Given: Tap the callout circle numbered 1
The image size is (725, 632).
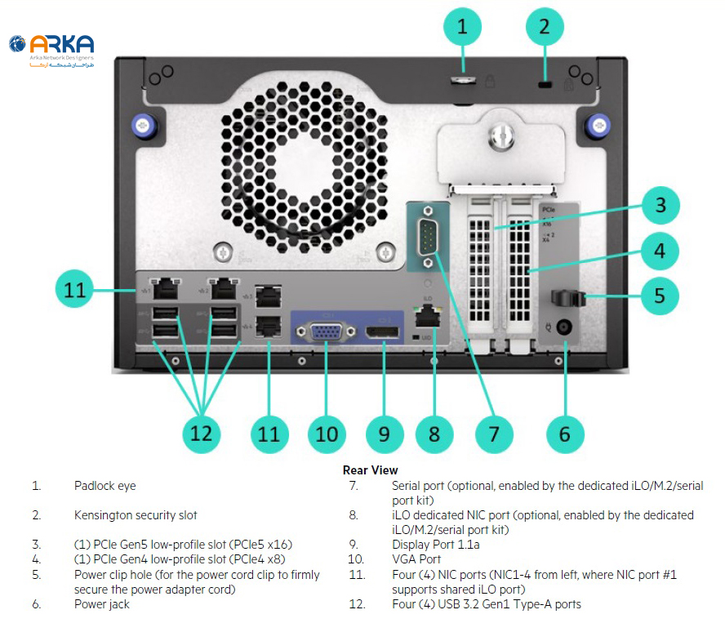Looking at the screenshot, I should click(463, 27).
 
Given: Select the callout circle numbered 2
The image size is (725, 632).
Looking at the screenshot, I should click(545, 27).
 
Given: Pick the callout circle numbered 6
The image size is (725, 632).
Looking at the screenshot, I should click(565, 434).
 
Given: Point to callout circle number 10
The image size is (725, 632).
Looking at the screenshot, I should click(327, 434).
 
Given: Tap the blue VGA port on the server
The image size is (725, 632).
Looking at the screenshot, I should click(326, 333).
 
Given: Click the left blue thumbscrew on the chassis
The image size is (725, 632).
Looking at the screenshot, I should click(142, 125).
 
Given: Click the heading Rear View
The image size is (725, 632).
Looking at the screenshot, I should click(370, 470).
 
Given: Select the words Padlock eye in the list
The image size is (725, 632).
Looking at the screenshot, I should click(105, 486).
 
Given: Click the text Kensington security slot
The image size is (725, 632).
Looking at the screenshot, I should click(135, 515).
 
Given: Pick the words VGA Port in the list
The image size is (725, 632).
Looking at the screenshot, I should click(416, 559).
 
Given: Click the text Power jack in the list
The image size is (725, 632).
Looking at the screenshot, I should click(101, 604).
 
